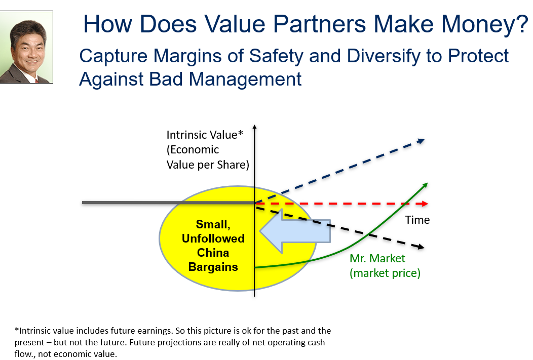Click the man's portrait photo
tap(26, 47)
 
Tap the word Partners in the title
tap(320, 24)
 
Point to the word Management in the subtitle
tap(245, 79)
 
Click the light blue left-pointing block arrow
tap(295, 231)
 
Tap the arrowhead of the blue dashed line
tap(422, 141)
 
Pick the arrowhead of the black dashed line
tap(421, 247)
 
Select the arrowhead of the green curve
tap(425, 185)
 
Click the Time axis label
tap(417, 220)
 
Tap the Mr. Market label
tap(377, 258)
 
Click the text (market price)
tap(385, 273)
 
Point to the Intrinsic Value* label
tap(205, 135)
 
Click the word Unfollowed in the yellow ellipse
tap(213, 238)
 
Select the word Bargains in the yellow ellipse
tap(213, 267)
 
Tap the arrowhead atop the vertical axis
tap(255, 128)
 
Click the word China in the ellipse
tap(213, 253)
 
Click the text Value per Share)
tap(208, 165)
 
